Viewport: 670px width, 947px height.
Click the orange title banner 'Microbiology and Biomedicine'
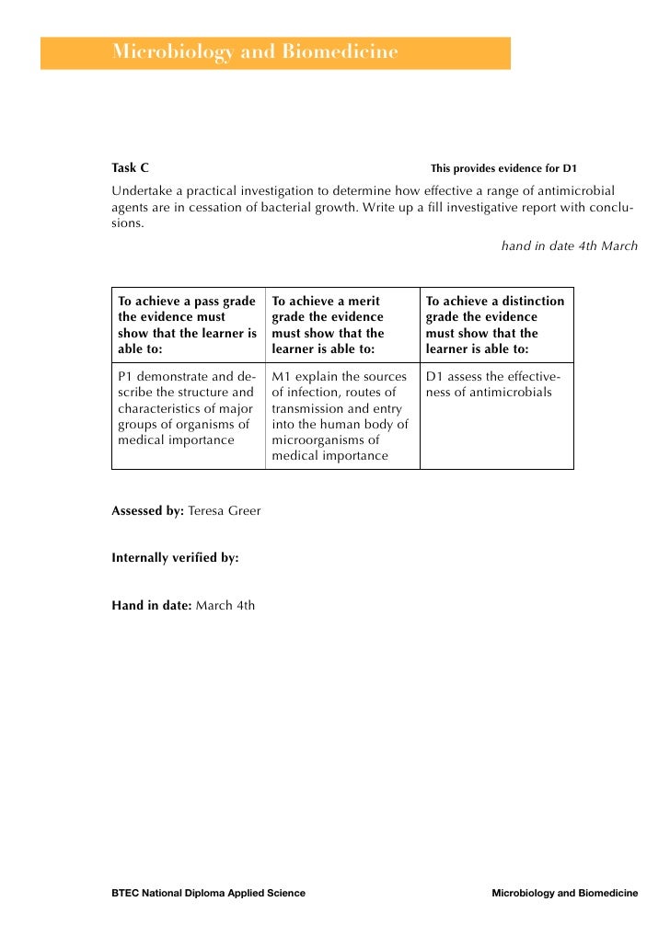(x=274, y=53)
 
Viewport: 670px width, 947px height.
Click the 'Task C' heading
(x=130, y=168)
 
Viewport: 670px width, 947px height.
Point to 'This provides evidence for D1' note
(x=502, y=169)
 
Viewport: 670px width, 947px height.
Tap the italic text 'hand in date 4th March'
(x=569, y=246)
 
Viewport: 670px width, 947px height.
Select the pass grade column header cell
(x=188, y=325)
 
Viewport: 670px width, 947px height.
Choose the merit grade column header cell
(x=341, y=325)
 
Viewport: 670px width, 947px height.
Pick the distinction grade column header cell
(x=496, y=325)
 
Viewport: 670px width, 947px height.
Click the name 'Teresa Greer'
(x=224, y=510)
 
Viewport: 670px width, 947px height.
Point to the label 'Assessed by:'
(x=147, y=510)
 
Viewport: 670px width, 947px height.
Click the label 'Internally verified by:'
(x=175, y=557)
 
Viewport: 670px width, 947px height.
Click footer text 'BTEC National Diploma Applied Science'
(x=208, y=893)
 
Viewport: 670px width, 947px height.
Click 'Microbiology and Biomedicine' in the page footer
(x=564, y=893)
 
